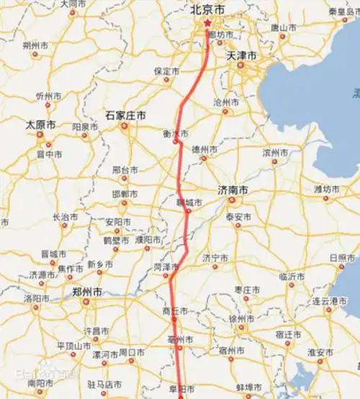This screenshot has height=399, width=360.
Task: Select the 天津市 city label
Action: coord(241,55)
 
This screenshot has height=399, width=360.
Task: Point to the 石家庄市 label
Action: coord(125,115)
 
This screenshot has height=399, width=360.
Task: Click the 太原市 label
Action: coord(40,125)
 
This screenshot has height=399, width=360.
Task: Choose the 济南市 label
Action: coord(233,190)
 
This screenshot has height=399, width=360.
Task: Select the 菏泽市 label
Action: coord(166,267)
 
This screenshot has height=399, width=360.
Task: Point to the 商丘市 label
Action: coord(176,311)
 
